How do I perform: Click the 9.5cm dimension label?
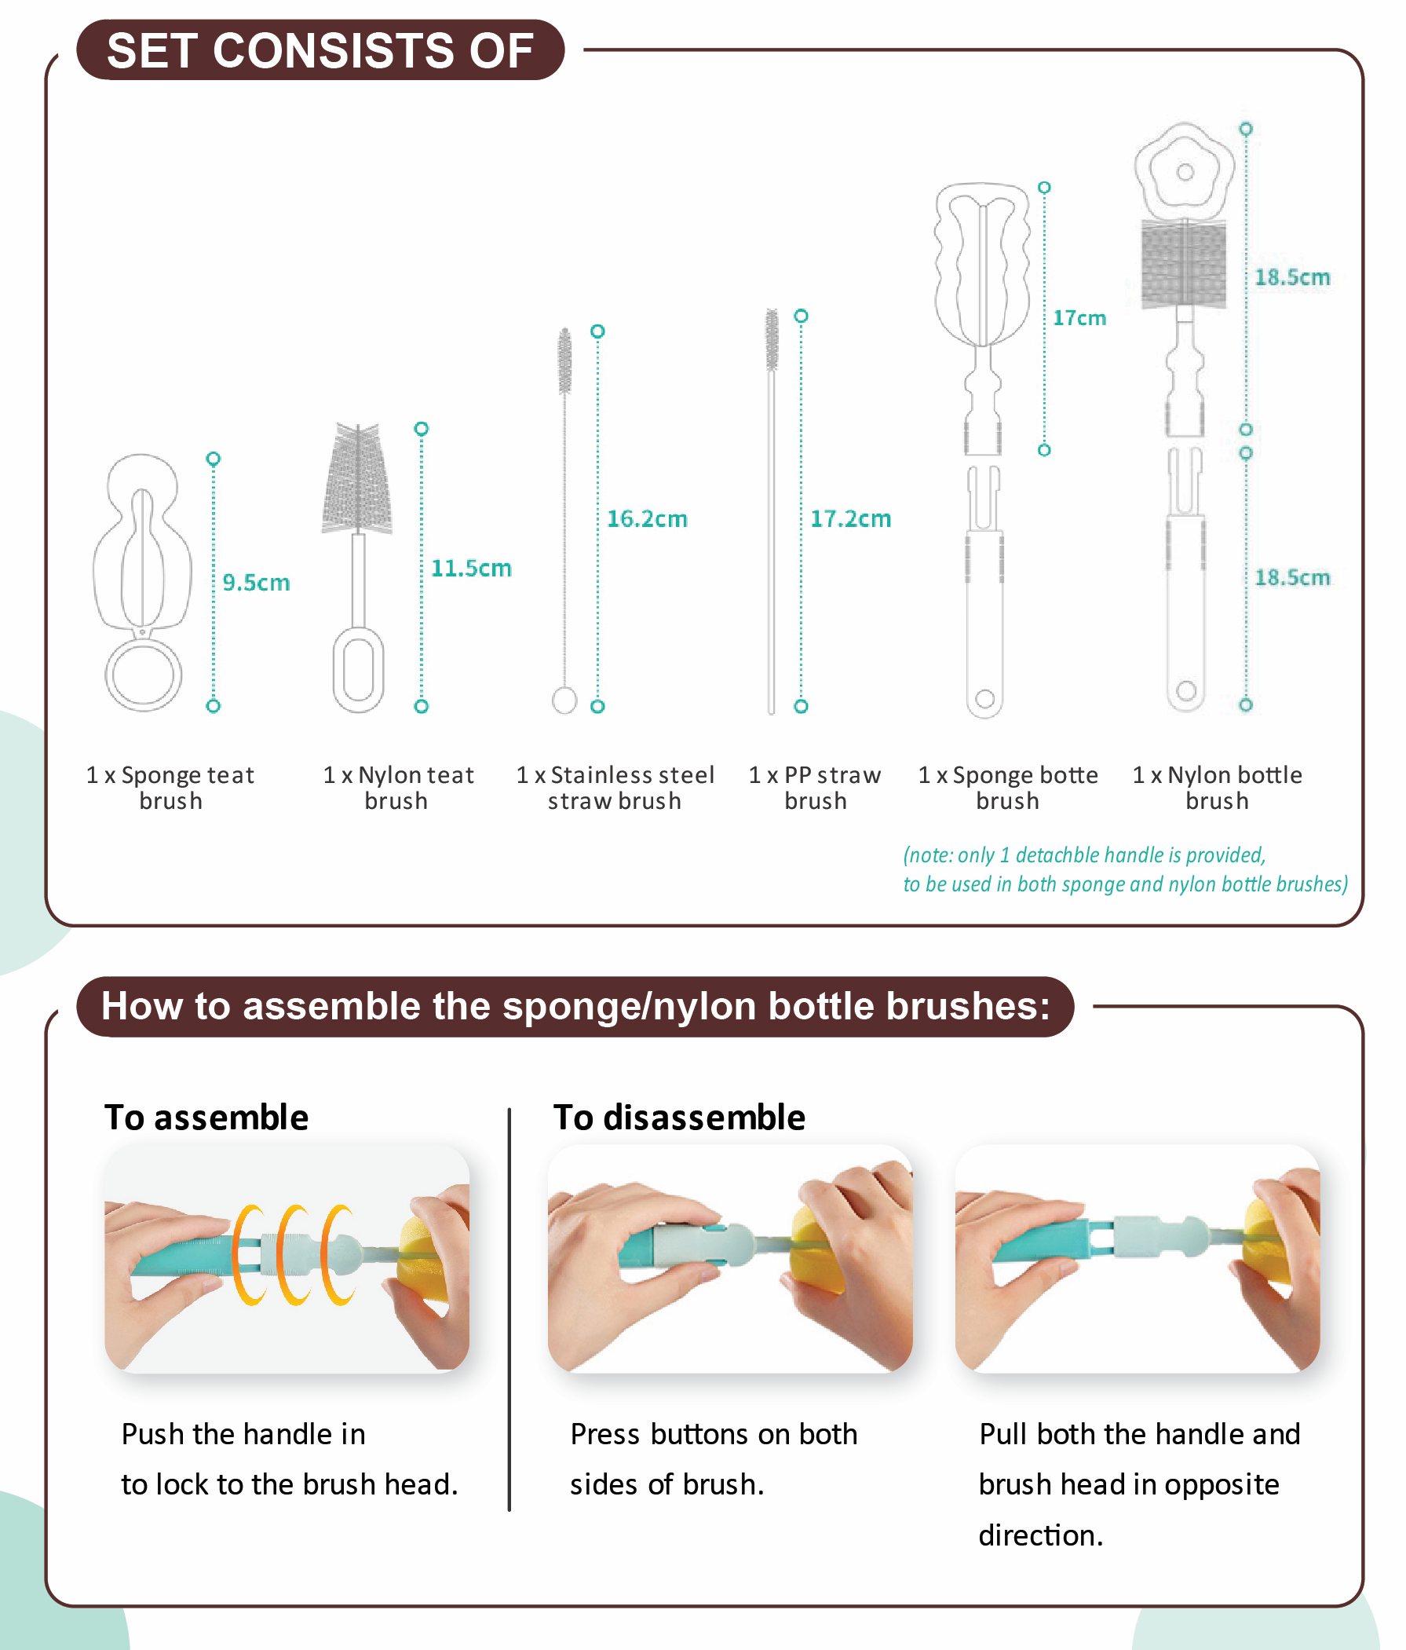tap(256, 582)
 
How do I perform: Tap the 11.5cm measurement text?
tap(470, 568)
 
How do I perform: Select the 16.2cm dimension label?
tap(646, 518)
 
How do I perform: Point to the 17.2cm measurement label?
tap(850, 518)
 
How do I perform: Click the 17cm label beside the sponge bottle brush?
tap(1079, 318)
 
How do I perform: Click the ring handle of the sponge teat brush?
tap(144, 674)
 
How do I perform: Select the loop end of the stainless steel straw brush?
tap(564, 700)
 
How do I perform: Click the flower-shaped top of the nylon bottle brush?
tap(1184, 170)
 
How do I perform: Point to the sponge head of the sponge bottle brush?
tap(982, 264)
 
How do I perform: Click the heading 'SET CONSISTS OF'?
tap(320, 50)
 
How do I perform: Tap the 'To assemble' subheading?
tap(206, 1118)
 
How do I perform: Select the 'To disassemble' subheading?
tap(679, 1118)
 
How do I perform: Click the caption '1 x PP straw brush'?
tap(814, 788)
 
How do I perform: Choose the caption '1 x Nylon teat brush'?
tap(398, 788)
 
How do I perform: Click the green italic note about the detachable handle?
tap(1125, 869)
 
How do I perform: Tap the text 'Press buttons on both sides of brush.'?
tap(714, 1459)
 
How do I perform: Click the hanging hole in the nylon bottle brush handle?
tap(1185, 690)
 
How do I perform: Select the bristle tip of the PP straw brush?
tap(772, 340)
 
